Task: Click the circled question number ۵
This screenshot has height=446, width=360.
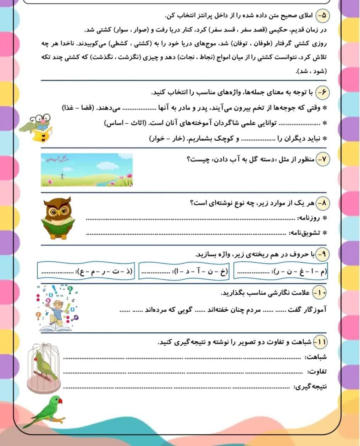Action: coord(323,16)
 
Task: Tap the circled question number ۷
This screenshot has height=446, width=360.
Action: coord(322,160)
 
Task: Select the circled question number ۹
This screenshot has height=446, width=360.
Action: coord(322,254)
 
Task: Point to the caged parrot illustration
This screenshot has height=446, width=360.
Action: coord(44,367)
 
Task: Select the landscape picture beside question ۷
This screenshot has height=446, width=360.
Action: coord(87,170)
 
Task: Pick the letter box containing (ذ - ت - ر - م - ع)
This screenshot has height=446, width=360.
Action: coord(87,272)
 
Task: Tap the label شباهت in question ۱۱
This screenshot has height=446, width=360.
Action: coord(316,357)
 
